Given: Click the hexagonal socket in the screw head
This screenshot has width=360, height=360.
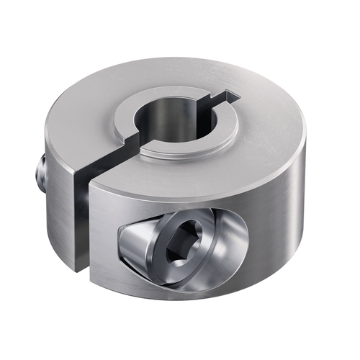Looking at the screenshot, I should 178,248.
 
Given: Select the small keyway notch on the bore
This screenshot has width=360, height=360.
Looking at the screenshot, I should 229,95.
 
